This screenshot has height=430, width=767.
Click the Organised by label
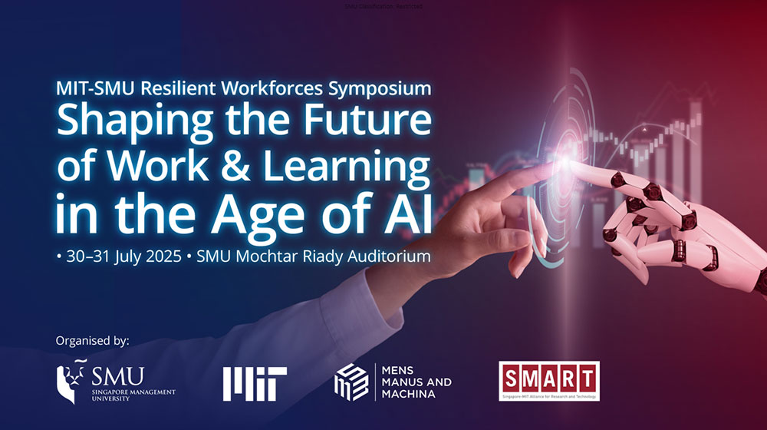(93, 339)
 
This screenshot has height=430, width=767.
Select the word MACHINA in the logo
(408, 394)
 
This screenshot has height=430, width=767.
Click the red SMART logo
(548, 379)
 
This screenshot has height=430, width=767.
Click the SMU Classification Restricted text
(383, 6)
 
